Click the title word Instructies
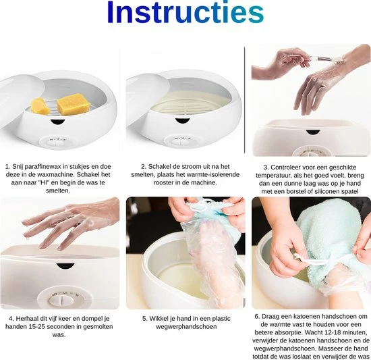pos(185,12)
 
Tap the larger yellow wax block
pos(71,104)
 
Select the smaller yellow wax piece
pos(40,106)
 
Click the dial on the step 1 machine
pos(56,142)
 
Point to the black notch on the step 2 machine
pos(182,121)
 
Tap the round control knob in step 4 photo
pos(61,301)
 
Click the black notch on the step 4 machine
pos(65,265)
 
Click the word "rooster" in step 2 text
pos(163,182)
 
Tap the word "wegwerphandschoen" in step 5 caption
pos(186,327)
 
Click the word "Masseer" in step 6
pos(330,349)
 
